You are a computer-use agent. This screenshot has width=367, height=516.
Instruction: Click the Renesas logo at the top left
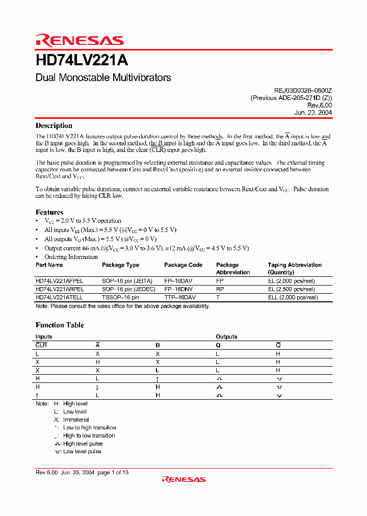tap(80, 41)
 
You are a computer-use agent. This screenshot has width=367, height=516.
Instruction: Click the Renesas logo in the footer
tap(183, 479)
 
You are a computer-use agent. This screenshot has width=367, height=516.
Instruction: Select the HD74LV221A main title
tap(82, 61)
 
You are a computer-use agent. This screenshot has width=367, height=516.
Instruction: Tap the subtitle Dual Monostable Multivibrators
tap(103, 78)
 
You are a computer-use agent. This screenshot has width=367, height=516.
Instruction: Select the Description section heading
tap(54, 125)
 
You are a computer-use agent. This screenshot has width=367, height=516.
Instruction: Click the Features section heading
tap(49, 212)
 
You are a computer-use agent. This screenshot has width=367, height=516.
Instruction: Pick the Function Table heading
tap(60, 325)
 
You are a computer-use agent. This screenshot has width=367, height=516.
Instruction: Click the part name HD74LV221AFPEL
tap(59, 281)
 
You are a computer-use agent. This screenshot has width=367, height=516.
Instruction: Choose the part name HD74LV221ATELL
tap(59, 297)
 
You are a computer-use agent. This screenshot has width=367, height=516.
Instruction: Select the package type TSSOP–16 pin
tap(120, 297)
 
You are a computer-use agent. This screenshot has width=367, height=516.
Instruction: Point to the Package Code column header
tap(183, 265)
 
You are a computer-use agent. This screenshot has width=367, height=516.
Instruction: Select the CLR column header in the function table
tap(41, 345)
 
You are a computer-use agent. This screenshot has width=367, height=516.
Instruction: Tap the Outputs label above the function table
tap(226, 337)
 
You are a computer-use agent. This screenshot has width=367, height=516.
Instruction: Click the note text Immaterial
tap(76, 420)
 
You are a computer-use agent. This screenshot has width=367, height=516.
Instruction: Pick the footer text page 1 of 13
tap(113, 473)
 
